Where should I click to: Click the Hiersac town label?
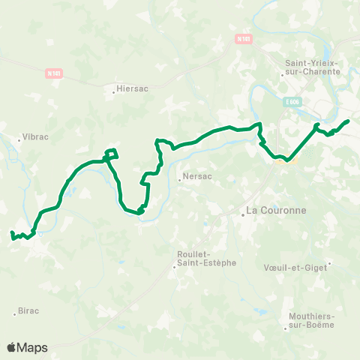click(x=132, y=88)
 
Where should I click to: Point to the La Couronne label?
click(x=277, y=211)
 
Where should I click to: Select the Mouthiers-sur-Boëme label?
click(x=311, y=321)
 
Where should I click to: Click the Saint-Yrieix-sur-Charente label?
click(x=313, y=67)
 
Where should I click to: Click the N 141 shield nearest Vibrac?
click(x=53, y=73)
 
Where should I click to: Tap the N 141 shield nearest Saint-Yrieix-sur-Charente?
click(x=242, y=38)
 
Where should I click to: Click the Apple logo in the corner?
click(x=12, y=347)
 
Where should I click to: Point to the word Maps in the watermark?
click(x=33, y=347)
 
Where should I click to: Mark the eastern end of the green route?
click(x=349, y=121)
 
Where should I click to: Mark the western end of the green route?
click(x=11, y=235)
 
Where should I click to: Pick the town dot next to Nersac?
click(x=179, y=179)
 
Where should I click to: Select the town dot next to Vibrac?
click(x=20, y=139)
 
